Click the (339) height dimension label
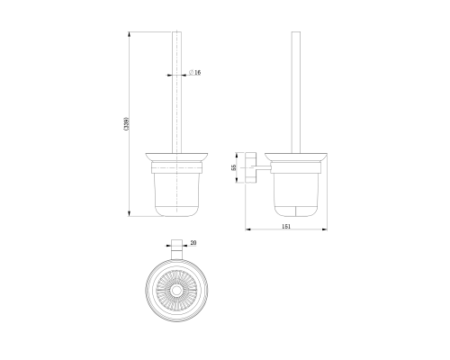coord(127,123)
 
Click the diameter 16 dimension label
coord(195,72)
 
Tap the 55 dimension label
coord(234,167)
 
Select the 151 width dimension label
coord(286,226)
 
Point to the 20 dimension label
coord(193,242)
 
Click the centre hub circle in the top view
coord(176,291)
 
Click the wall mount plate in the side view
coord(250,167)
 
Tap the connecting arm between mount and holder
coord(263,166)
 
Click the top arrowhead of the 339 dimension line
coord(130,34)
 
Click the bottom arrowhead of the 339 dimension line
coord(130,213)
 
